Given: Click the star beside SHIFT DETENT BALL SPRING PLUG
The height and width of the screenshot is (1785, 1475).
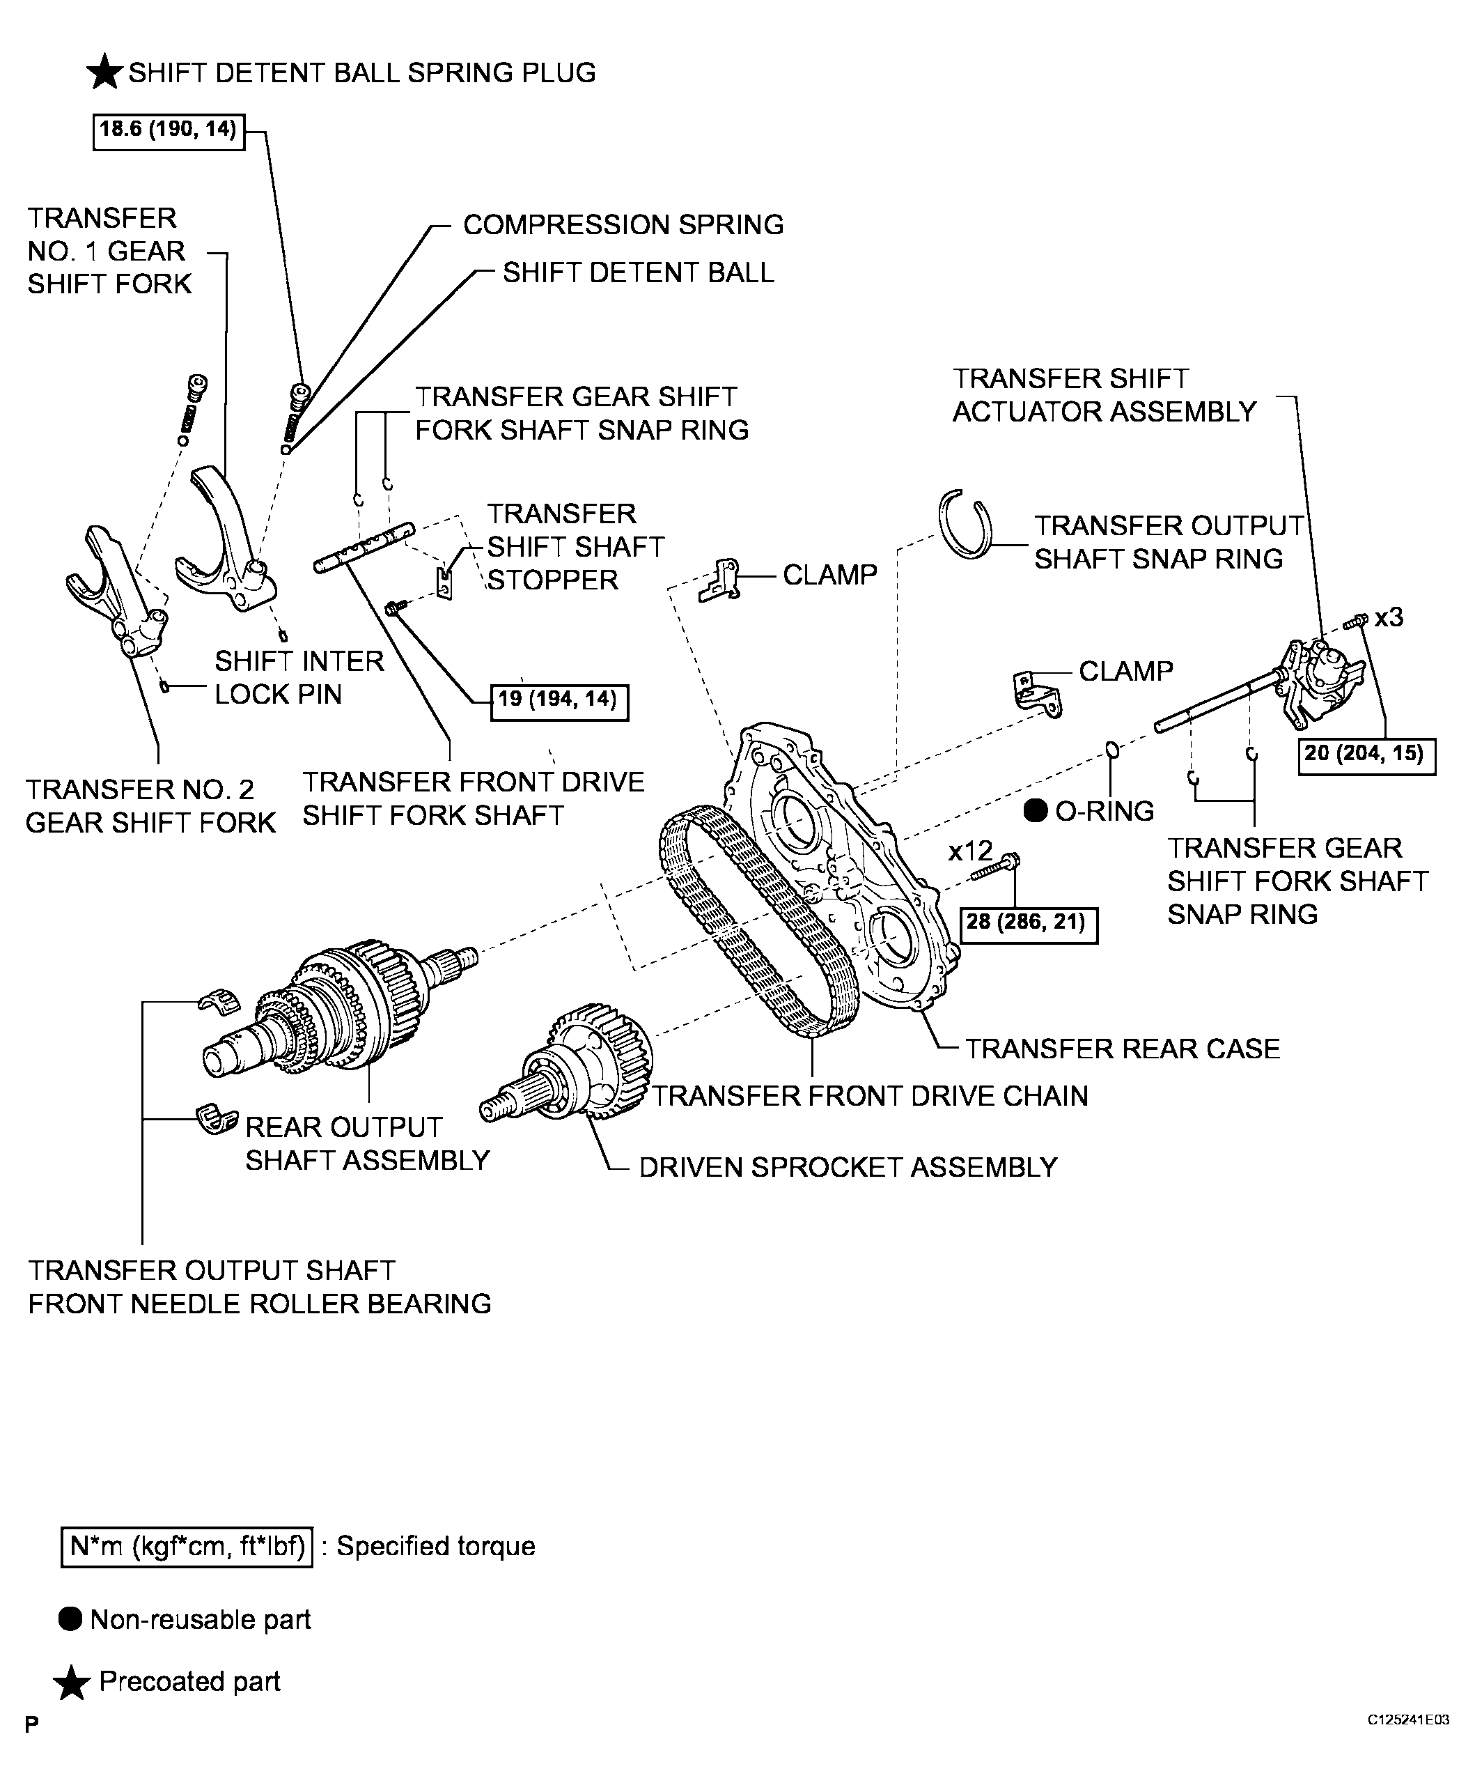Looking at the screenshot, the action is [105, 72].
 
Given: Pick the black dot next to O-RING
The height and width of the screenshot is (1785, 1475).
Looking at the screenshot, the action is [1036, 811].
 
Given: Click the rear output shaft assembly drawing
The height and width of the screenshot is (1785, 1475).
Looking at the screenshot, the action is [340, 1007].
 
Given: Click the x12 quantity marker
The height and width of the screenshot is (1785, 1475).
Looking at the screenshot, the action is [970, 850].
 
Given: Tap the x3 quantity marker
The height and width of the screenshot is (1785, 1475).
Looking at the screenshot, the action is [1389, 617].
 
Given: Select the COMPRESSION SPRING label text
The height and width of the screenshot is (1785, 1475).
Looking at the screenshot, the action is [623, 224].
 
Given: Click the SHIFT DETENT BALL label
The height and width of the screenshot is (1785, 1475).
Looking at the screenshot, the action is [638, 273].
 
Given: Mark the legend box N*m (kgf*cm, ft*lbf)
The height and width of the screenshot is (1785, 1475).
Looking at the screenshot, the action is [187, 1546].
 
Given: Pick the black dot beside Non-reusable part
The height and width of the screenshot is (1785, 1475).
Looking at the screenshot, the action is [70, 1619].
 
